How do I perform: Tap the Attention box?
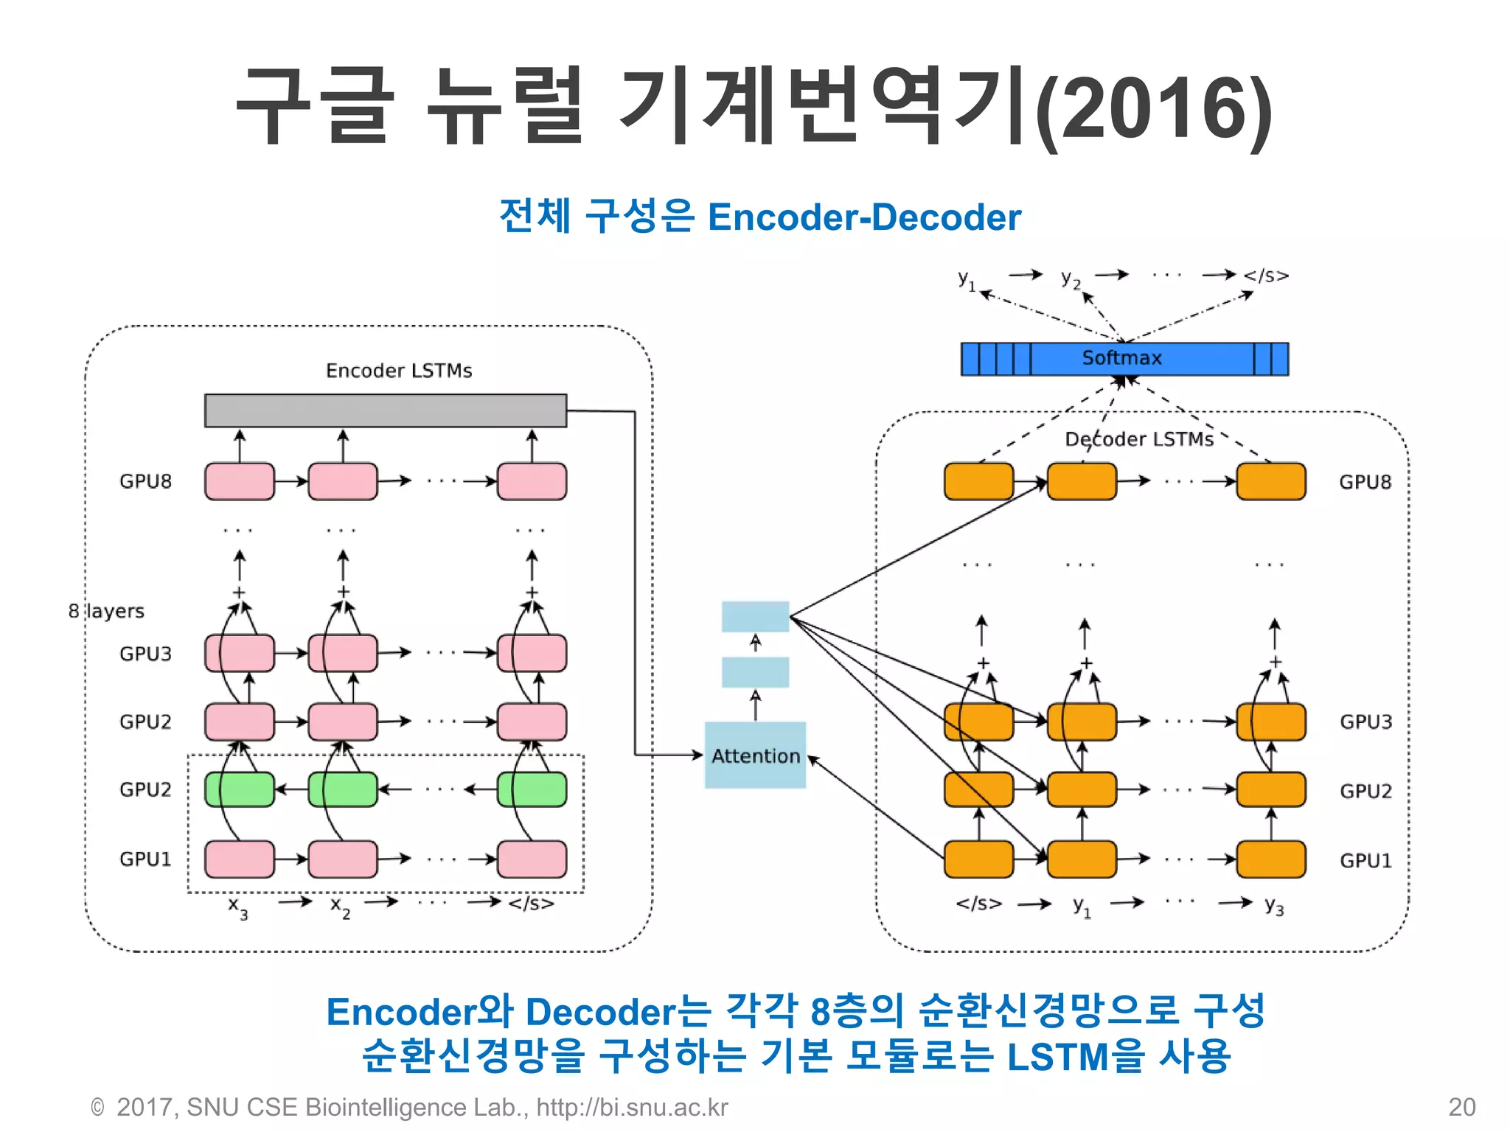[755, 755]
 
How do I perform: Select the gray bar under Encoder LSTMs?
[386, 410]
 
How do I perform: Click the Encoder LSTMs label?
[399, 370]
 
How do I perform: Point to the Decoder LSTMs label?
[1139, 439]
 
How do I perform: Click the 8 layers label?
[106, 611]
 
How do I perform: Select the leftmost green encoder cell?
[240, 789]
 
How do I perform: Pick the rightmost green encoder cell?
[532, 789]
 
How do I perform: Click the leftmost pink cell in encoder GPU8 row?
[240, 481]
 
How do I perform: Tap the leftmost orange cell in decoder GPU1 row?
[978, 859]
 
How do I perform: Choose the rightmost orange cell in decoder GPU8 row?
[1270, 481]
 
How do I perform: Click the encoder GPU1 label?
[145, 859]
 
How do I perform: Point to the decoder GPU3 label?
[1365, 722]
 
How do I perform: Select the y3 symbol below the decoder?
[1274, 906]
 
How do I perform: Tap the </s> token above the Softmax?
[1266, 276]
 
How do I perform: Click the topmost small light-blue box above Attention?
[755, 617]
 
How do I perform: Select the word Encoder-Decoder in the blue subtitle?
[864, 217]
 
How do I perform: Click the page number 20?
[1461, 1107]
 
